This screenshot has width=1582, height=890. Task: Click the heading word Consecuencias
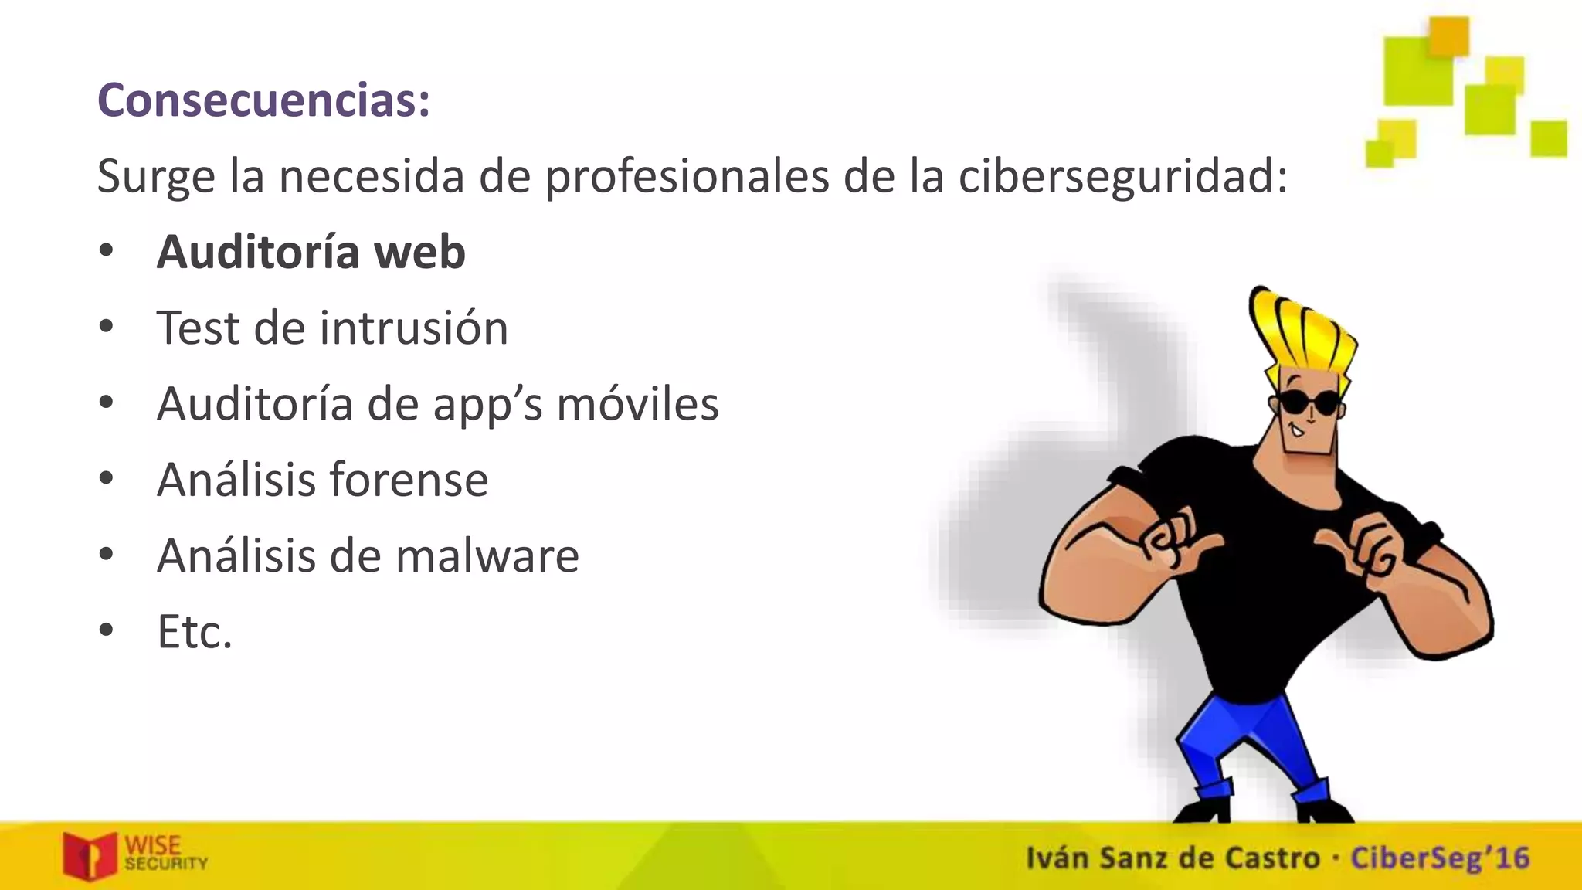tap(263, 100)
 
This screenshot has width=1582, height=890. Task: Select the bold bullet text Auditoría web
tap(311, 252)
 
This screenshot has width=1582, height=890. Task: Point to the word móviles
tap(637, 403)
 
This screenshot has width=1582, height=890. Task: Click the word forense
tap(409, 479)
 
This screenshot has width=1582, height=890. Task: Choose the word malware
tap(487, 555)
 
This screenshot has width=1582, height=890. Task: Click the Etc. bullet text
tap(195, 632)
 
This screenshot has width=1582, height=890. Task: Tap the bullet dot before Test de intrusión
tap(107, 326)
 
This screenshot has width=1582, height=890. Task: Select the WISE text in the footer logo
tap(153, 845)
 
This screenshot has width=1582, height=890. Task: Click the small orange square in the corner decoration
tap(1448, 36)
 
